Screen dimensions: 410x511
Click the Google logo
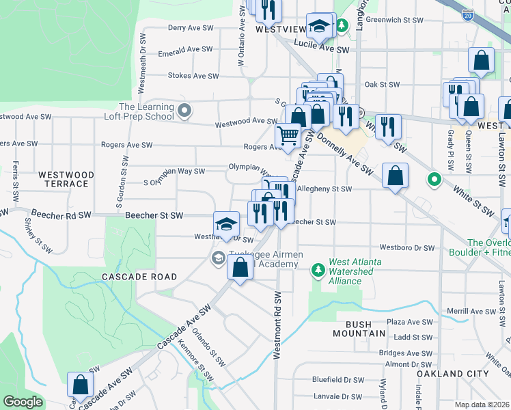[23, 402]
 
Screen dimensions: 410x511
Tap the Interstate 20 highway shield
[467, 15]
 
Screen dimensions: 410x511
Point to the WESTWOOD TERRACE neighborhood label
[63, 179]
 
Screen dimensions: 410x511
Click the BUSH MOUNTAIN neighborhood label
[359, 328]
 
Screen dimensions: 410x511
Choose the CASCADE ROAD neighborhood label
[139, 277]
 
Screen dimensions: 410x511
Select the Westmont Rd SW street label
[277, 325]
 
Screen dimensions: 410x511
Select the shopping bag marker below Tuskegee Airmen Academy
[240, 268]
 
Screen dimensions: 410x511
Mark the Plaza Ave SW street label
[410, 322]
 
